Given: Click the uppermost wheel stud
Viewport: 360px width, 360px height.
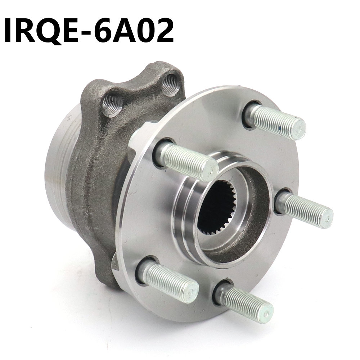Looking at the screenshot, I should point(277,121).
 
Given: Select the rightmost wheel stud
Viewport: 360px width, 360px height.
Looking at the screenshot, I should point(306,211).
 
